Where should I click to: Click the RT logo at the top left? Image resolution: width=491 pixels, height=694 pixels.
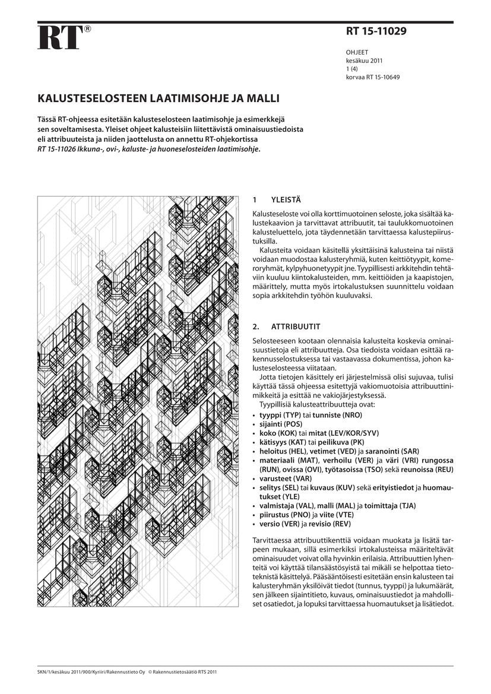(x=59, y=37)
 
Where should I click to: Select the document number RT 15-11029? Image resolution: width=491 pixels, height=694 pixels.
(x=376, y=31)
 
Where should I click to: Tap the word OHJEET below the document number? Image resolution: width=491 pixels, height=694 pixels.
(x=357, y=53)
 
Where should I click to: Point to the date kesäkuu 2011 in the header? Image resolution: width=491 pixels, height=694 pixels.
(x=364, y=61)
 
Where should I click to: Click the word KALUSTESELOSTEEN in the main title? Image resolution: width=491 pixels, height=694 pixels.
(x=91, y=97)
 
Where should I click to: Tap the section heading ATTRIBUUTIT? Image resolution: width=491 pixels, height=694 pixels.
(x=296, y=327)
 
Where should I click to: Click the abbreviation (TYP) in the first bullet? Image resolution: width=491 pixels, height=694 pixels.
(x=290, y=416)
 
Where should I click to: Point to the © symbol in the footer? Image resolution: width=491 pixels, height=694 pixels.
(x=150, y=673)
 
